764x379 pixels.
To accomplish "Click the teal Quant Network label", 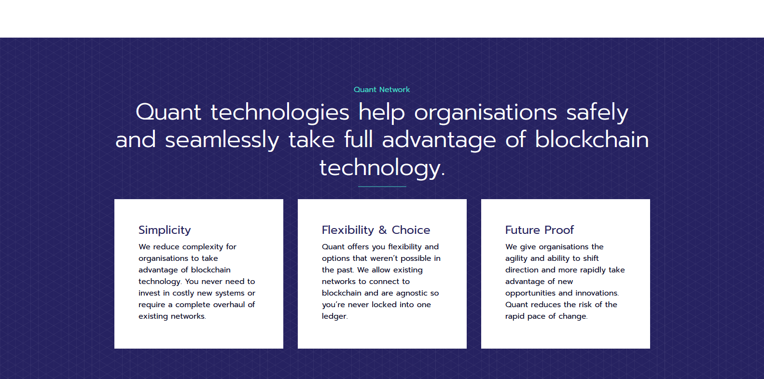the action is (x=382, y=90).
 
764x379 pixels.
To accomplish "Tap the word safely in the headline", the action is (x=597, y=113).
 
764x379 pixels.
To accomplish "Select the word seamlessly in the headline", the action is (x=222, y=140).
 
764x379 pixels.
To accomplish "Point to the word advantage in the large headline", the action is (x=439, y=140).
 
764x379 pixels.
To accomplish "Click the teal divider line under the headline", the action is (x=382, y=187).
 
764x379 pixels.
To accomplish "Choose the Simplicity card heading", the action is (x=165, y=230).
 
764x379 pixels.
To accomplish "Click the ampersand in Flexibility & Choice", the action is (x=383, y=230).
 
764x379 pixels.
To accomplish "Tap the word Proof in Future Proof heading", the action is (x=559, y=230).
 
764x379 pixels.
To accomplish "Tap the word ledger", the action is (x=334, y=316).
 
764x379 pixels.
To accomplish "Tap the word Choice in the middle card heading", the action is (x=411, y=230).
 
